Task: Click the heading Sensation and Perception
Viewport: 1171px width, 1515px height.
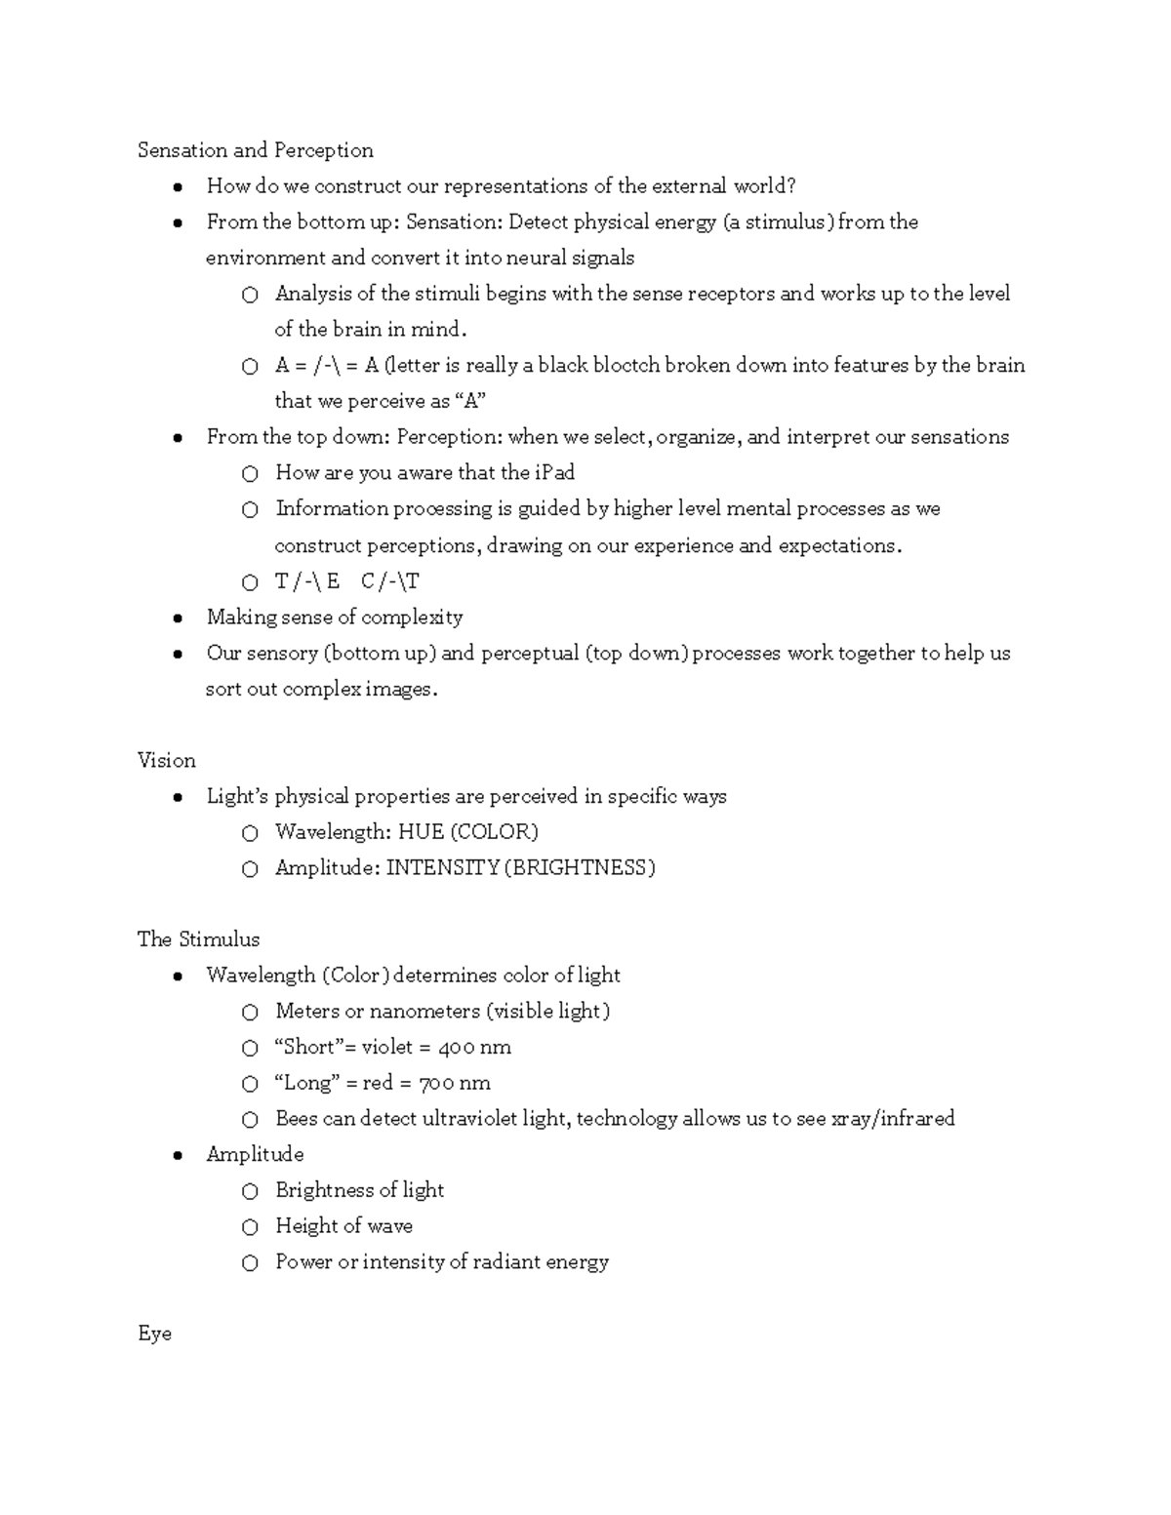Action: coord(255,150)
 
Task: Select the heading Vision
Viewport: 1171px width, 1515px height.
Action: coord(166,760)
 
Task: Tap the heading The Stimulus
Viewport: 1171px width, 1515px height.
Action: coord(198,939)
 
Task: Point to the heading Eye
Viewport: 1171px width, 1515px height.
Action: coord(154,1334)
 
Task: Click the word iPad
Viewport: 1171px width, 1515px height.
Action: coord(554,473)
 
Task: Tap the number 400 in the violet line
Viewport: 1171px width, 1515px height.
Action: coord(457,1048)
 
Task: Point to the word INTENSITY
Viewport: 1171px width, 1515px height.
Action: coord(442,868)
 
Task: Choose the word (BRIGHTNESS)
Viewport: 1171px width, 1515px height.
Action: coord(580,868)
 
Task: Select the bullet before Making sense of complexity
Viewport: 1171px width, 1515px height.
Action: coord(177,618)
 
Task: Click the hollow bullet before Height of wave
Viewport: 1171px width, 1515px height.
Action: coord(250,1227)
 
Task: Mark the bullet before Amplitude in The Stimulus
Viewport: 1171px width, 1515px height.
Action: coord(177,1156)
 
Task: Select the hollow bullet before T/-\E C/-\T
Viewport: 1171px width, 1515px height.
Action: coord(250,583)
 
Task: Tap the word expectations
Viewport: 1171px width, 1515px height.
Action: coord(839,546)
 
